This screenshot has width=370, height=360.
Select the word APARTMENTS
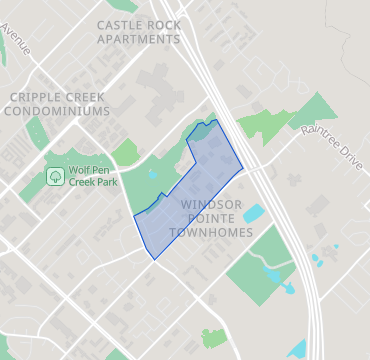pyautogui.click(x=139, y=39)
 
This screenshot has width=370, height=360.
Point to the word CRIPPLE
pyautogui.click(x=36, y=96)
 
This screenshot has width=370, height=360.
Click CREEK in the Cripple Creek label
pyautogui.click(x=88, y=96)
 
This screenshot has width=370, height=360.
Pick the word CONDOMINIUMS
pyautogui.click(x=56, y=111)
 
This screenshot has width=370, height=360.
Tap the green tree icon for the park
pyautogui.click(x=56, y=178)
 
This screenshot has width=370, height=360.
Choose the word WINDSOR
pyautogui.click(x=212, y=203)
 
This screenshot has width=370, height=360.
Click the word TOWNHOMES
pyautogui.click(x=211, y=232)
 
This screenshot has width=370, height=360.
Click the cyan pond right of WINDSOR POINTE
pyautogui.click(x=253, y=214)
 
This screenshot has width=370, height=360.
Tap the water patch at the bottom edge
pyautogui.click(x=297, y=350)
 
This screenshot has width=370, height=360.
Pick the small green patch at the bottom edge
pyautogui.click(x=214, y=338)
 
